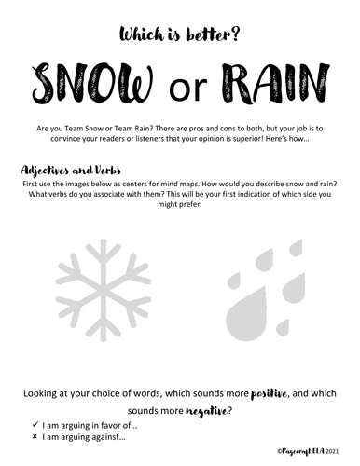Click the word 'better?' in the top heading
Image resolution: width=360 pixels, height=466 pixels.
(214, 34)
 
